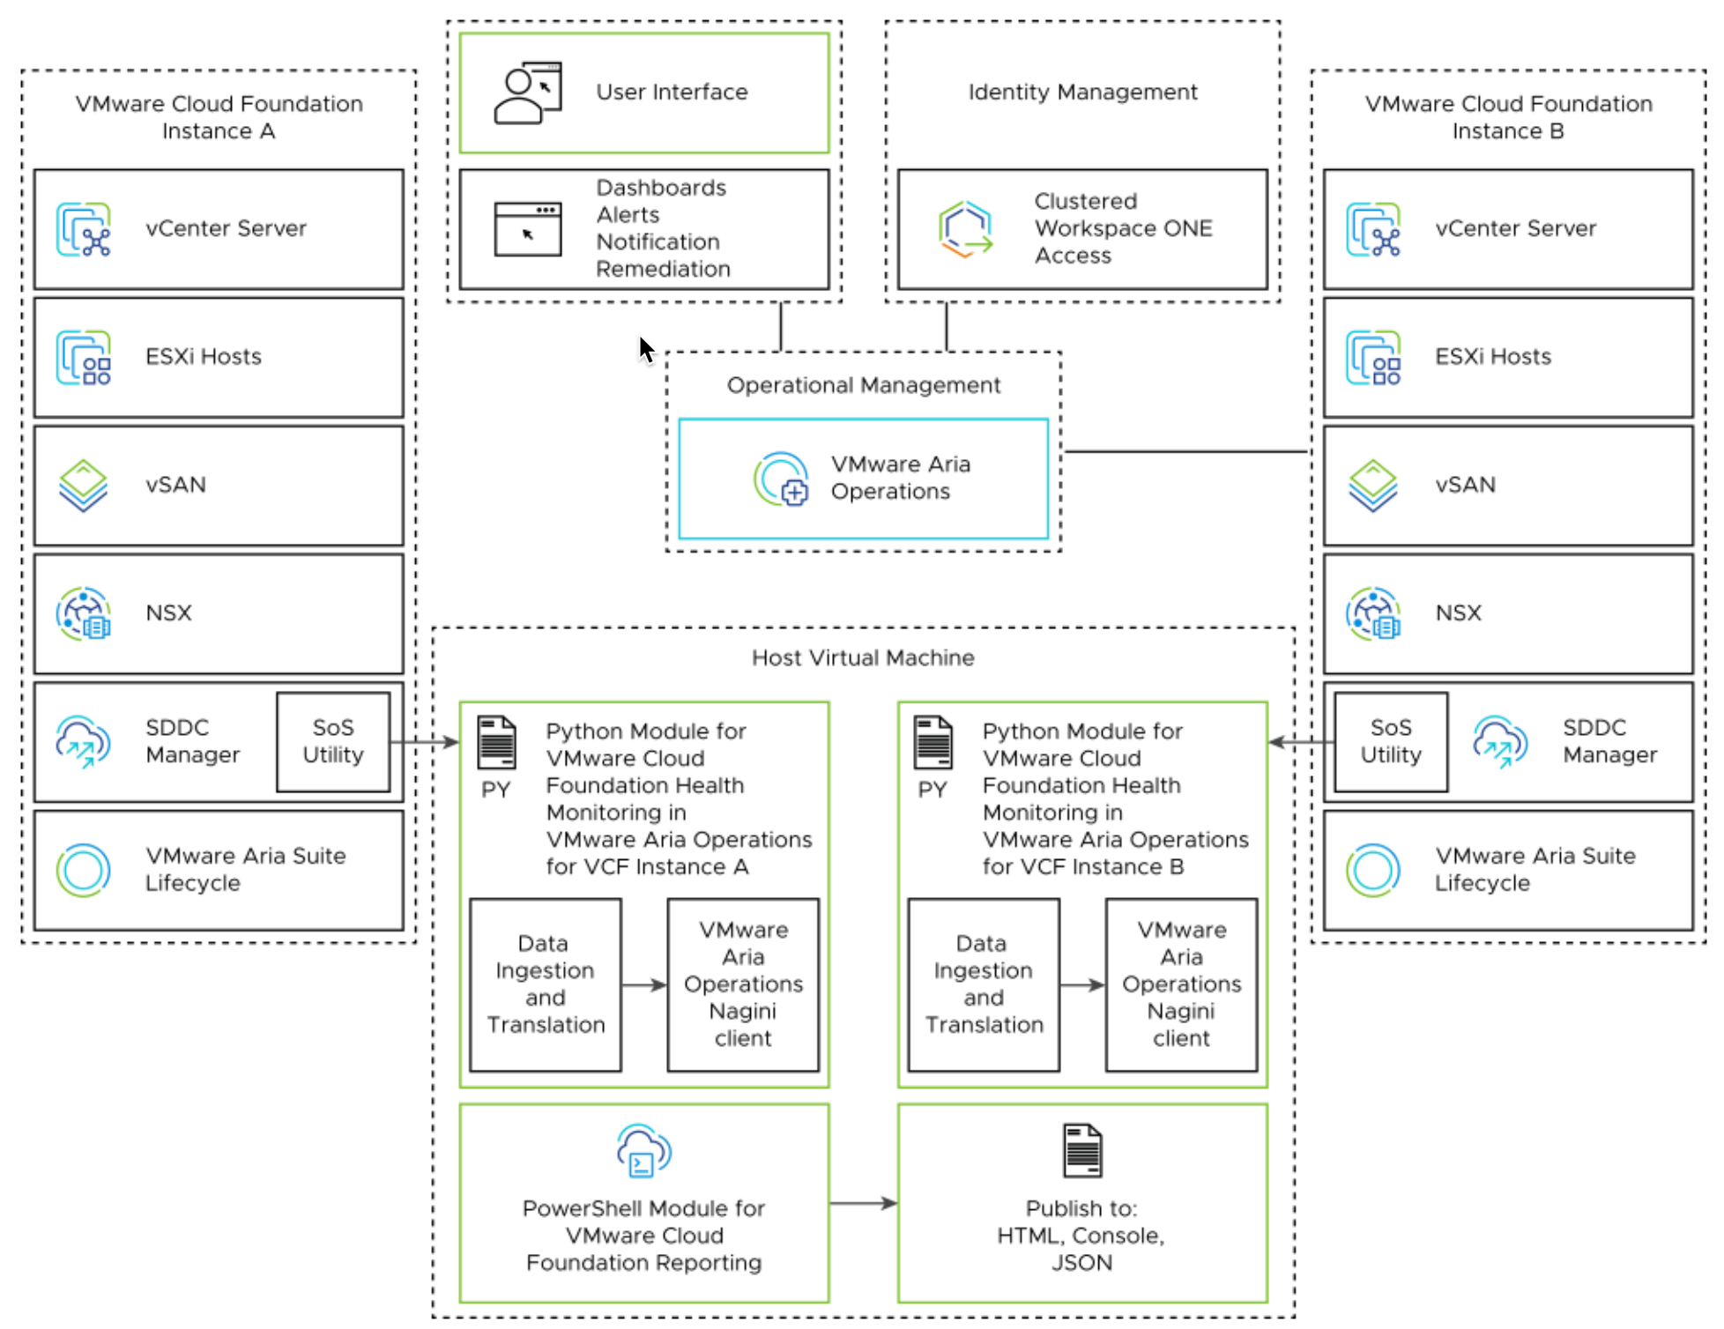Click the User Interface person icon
tap(527, 93)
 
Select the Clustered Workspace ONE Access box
tap(1081, 229)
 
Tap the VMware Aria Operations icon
tap(781, 479)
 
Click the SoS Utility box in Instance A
tap(333, 741)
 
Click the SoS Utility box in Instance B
tap(1390, 741)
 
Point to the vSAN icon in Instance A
tap(83, 485)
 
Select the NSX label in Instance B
tap(1458, 613)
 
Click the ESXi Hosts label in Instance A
tap(204, 356)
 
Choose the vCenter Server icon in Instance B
tap(1373, 229)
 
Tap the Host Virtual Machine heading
tap(862, 657)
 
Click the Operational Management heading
tap(863, 385)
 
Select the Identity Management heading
tap(1082, 92)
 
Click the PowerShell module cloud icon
tap(644, 1150)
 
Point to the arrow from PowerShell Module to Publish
tap(863, 1202)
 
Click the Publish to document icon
tap(1082, 1150)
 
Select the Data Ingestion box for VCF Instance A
tap(546, 984)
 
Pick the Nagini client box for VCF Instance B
tap(1181, 984)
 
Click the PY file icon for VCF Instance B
tap(933, 742)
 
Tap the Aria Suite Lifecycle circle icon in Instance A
tap(83, 870)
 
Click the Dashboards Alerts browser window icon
tap(527, 229)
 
